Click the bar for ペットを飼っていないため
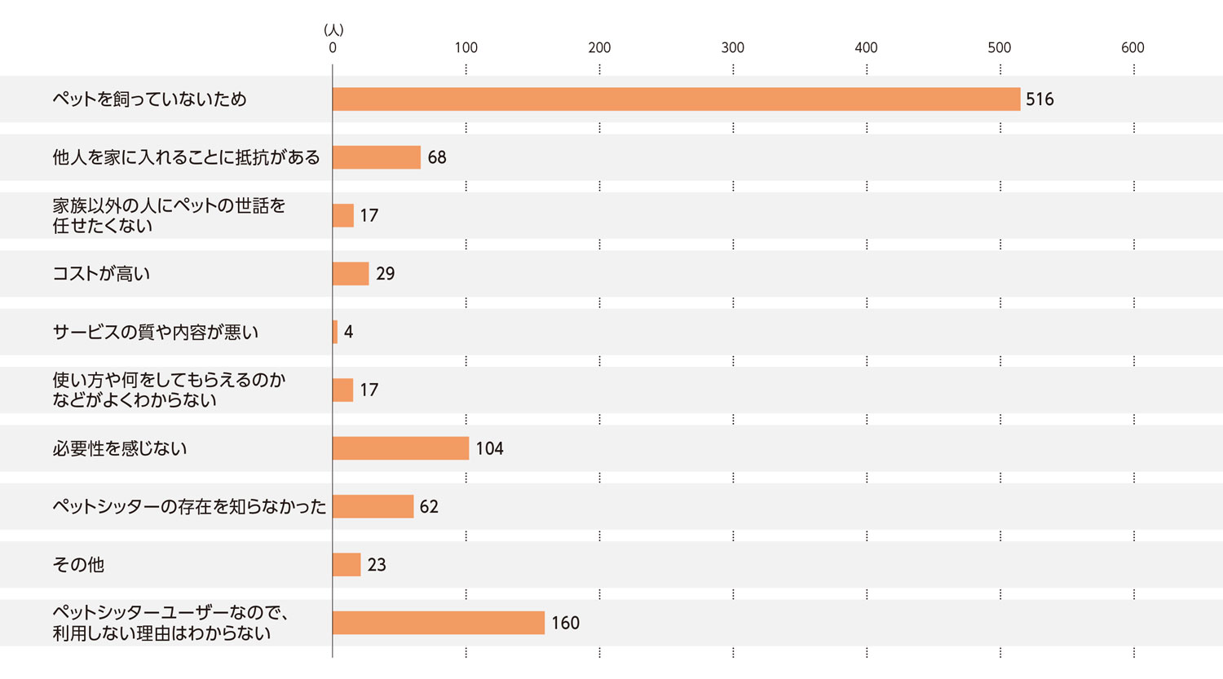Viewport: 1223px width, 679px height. pyautogui.click(x=676, y=99)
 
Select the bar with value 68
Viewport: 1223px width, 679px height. pyautogui.click(x=377, y=157)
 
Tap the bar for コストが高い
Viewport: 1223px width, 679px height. pyautogui.click(x=351, y=274)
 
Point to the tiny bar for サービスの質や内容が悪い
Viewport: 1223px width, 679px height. pyautogui.click(x=335, y=332)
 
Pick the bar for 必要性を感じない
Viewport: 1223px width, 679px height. pyautogui.click(x=400, y=448)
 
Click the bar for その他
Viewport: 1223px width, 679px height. pyautogui.click(x=347, y=565)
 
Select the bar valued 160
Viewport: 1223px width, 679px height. pyautogui.click(x=439, y=623)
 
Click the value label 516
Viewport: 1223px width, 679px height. pyautogui.click(x=1040, y=99)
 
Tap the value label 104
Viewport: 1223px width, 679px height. pyautogui.click(x=489, y=448)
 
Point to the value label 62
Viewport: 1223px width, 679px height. pyautogui.click(x=429, y=507)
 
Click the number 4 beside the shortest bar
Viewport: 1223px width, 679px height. pyautogui.click(x=348, y=332)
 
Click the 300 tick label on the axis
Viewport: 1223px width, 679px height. pyautogui.click(x=732, y=48)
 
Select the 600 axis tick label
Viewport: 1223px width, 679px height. pyautogui.click(x=1132, y=48)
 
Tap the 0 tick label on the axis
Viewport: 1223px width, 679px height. pyautogui.click(x=333, y=48)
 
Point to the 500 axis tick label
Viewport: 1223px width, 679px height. pyautogui.click(x=999, y=48)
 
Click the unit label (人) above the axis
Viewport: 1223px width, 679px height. pyautogui.click(x=333, y=30)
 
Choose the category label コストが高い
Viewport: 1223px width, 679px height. pyautogui.click(x=101, y=274)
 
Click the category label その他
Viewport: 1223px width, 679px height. pyautogui.click(x=78, y=565)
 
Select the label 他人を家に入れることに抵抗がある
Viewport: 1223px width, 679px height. pyautogui.click(x=186, y=157)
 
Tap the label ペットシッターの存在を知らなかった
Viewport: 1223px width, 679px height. pyautogui.click(x=189, y=507)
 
